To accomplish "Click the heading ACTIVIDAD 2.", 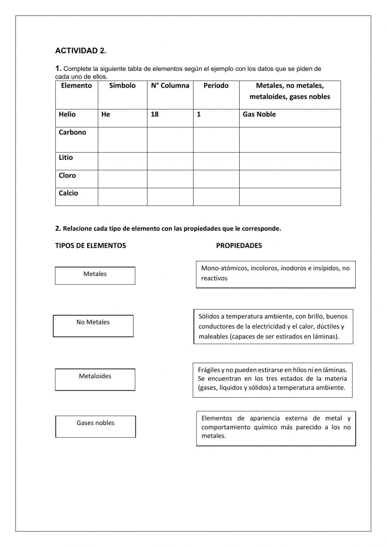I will point(80,51).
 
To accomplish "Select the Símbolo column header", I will point(122,86).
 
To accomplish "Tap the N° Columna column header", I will point(170,86).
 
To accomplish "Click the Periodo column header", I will point(216,86).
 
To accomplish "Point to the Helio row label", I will point(67,115).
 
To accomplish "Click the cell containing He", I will point(106,115).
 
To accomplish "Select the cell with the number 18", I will point(155,115).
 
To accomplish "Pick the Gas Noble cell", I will point(259,115).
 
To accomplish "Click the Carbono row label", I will point(72,132).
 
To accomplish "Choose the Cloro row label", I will point(67,176).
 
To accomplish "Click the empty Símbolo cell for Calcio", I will point(122,197).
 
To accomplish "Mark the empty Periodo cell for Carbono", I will point(216,140).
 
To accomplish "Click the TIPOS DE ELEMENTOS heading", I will point(91,246).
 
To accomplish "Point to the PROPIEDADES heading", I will point(239,246).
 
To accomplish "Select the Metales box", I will point(95,276).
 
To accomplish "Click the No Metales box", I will point(93,326).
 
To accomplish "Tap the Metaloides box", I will point(95,379).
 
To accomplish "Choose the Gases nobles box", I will point(96,426).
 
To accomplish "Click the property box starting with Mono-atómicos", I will point(276,274).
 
